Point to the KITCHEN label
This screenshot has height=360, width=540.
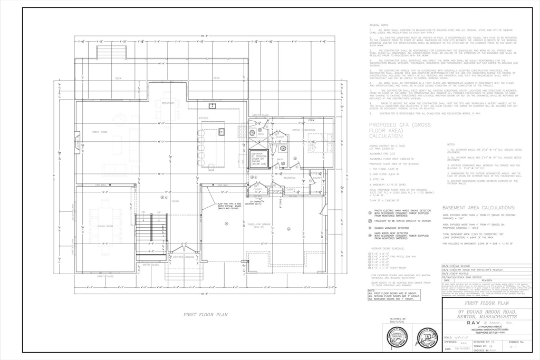click(x=204, y=118)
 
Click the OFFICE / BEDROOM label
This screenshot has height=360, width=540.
click(x=304, y=129)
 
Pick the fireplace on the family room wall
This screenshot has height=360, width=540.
click(x=78, y=141)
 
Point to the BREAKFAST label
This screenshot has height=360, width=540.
click(x=168, y=102)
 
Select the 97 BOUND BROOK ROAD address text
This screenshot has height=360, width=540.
click(x=486, y=314)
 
